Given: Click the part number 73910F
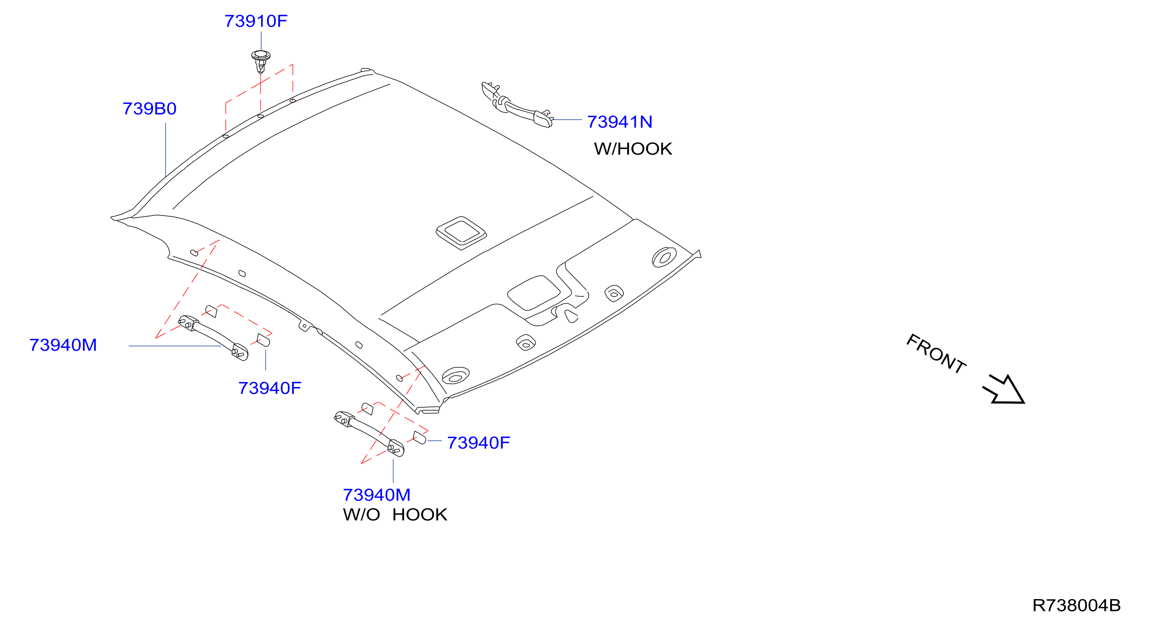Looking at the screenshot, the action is click(256, 21).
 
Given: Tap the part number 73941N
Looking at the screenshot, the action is click(620, 122).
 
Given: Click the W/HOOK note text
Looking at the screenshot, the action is click(633, 149).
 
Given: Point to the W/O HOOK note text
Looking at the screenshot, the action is click(395, 514).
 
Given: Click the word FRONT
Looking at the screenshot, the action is click(936, 354).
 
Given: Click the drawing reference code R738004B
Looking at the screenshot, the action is click(1076, 605).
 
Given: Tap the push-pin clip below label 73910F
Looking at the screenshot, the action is click(261, 62).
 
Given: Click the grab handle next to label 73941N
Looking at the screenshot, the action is click(517, 105).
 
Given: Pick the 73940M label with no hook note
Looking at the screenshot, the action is click(377, 495).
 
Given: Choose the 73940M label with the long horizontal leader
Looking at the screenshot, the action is click(63, 345).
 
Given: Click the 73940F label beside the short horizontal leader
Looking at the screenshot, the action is click(478, 443).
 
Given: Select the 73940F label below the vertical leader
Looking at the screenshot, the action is click(270, 388).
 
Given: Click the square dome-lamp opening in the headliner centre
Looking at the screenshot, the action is click(461, 233).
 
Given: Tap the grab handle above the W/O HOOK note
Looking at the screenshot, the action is click(369, 434).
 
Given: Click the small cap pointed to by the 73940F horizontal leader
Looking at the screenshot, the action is click(419, 438).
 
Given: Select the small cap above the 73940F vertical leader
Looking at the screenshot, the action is click(263, 340).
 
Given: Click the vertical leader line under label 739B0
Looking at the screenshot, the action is click(166, 150).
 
